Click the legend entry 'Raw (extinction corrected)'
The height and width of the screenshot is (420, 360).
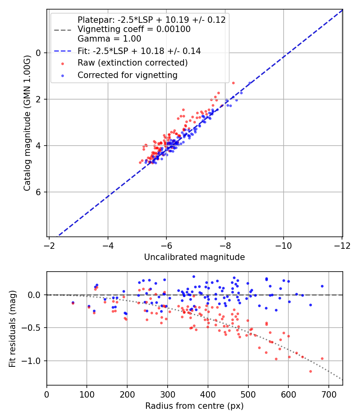(x=132, y=63)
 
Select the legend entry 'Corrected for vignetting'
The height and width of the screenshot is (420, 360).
(x=128, y=75)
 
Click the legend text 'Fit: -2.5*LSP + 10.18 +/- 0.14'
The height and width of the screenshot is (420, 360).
(x=139, y=51)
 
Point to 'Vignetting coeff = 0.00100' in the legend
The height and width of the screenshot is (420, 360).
(x=134, y=29)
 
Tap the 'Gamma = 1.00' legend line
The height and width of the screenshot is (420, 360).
(x=109, y=39)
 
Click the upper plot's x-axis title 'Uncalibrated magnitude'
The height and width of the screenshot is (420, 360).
(x=194, y=257)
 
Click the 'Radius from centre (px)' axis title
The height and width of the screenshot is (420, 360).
(x=194, y=406)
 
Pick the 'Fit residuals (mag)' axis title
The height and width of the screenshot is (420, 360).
(x=12, y=328)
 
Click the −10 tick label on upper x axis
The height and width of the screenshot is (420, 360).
(x=283, y=245)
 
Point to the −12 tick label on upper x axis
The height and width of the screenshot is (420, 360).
(x=342, y=245)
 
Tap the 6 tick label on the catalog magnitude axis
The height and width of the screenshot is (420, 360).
(x=38, y=192)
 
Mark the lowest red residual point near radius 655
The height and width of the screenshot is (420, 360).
(x=310, y=371)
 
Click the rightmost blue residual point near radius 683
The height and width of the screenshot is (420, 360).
(x=322, y=286)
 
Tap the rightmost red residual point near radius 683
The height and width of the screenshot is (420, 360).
(x=322, y=358)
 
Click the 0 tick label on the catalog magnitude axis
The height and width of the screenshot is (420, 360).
(x=38, y=53)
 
